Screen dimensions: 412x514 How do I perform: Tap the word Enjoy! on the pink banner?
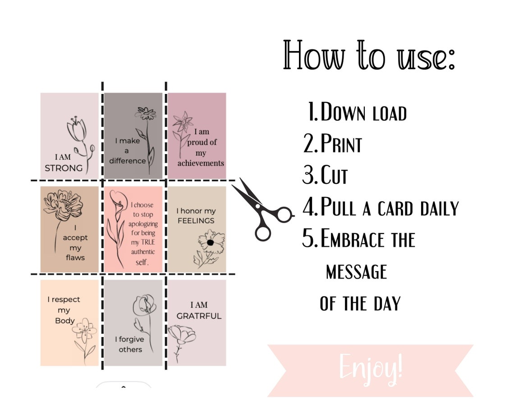point(370,367)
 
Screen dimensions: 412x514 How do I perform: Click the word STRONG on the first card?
point(64,168)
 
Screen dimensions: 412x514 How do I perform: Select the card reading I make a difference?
point(133,136)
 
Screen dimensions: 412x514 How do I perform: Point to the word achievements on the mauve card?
point(200,163)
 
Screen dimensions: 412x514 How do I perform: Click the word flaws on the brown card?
point(75,257)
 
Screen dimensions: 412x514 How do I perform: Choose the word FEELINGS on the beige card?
point(196,221)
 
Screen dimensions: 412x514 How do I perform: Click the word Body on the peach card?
point(64,321)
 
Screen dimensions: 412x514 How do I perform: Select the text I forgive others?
point(130,344)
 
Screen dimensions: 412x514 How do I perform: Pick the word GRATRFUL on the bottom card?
point(199,316)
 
